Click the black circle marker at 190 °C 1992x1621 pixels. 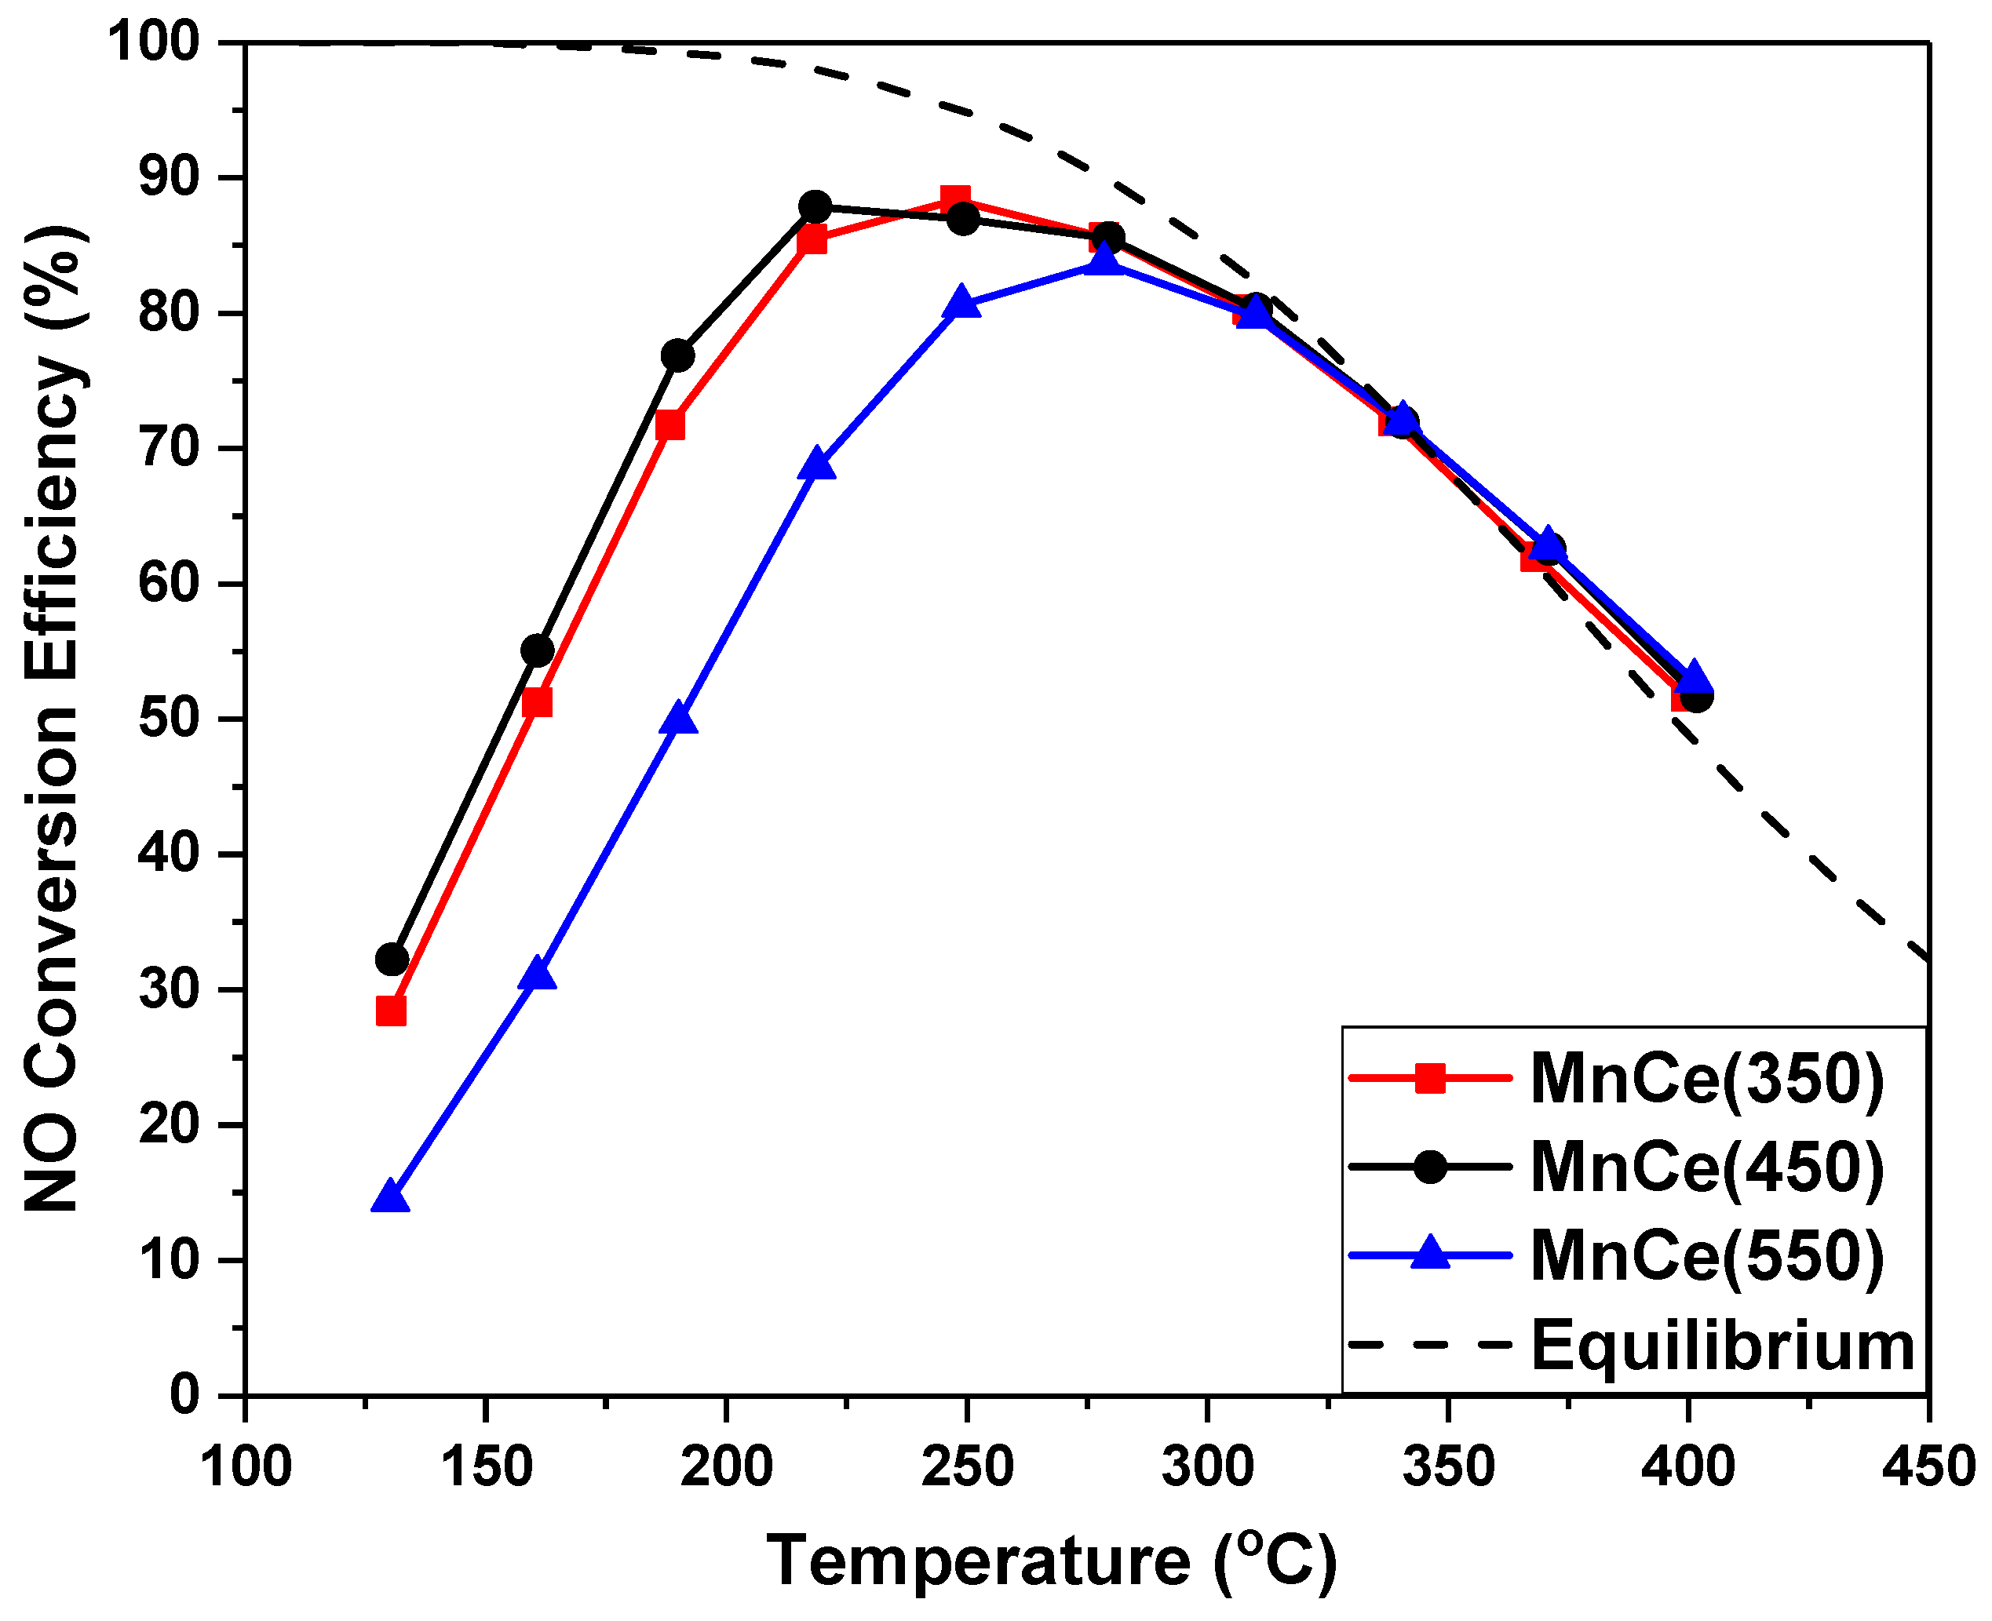point(678,355)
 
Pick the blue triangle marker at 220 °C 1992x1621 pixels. point(817,463)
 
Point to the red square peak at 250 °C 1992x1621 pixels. point(955,199)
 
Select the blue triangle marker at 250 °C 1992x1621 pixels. point(962,304)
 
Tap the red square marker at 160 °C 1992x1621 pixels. point(537,702)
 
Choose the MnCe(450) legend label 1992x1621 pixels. point(1706,1168)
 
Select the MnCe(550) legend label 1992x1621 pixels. point(1706,1256)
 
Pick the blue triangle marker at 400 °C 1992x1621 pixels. point(1694,678)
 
